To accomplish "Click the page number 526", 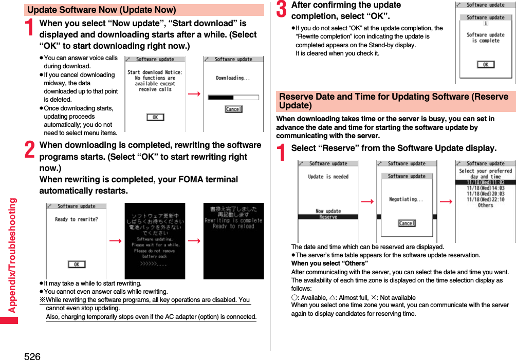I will point(32,355).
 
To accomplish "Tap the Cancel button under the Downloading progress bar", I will point(233,109).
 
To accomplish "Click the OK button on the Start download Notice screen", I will point(155,117).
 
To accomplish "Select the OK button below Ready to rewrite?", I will point(77,264).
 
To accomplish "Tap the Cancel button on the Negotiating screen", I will point(407,223).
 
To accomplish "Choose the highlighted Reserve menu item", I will point(328,217).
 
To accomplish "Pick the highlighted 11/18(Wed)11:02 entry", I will point(486,182).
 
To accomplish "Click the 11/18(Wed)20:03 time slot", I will point(486,194).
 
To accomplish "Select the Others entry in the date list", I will point(486,205).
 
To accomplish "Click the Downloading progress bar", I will point(233,97).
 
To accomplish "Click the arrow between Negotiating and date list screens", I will point(446,201).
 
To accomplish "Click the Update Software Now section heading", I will point(102,10).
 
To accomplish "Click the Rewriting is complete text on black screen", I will point(233,220).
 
